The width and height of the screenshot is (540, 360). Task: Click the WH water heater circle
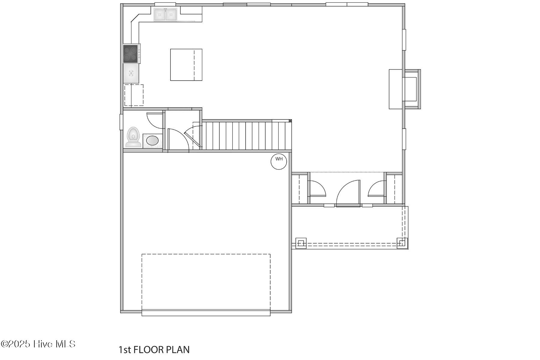tap(279, 161)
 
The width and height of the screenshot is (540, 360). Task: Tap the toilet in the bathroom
tap(133, 137)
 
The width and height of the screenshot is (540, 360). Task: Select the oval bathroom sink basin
tap(152, 140)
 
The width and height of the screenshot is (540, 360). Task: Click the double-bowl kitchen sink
tap(165, 14)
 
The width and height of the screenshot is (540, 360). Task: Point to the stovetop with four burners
tap(131, 54)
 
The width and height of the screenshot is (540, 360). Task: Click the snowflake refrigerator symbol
tap(131, 73)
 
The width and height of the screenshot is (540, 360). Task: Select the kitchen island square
tap(186, 65)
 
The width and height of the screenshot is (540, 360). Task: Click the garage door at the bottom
tap(206, 313)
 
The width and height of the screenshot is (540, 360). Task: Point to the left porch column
tap(301, 243)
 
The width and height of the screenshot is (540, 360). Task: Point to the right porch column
tap(402, 243)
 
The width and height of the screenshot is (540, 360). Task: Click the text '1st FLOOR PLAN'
tap(154, 350)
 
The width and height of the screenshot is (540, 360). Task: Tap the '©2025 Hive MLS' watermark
tap(38, 344)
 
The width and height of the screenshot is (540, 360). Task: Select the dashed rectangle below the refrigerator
tap(134, 95)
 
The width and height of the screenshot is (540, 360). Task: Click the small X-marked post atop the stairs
tap(290, 121)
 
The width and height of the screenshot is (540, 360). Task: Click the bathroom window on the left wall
tap(121, 122)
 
